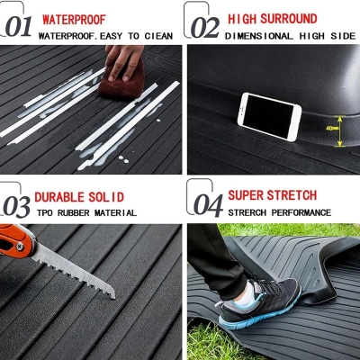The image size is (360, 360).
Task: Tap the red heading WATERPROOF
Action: point(73,18)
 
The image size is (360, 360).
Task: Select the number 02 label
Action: point(204,25)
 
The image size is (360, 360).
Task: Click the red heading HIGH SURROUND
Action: point(271,18)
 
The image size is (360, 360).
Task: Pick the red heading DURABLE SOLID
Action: point(79,196)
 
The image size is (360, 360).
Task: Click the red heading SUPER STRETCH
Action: point(272,195)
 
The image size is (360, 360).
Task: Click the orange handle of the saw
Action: point(18,240)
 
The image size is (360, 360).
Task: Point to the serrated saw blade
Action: point(76,271)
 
